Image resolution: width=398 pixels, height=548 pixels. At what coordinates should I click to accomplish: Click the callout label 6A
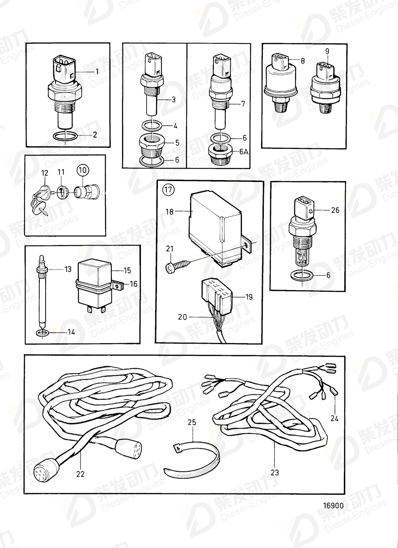click(x=243, y=152)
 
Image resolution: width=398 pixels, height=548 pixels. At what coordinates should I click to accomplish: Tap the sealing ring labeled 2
click(x=65, y=136)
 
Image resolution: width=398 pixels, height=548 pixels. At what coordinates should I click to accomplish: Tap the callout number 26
click(x=335, y=210)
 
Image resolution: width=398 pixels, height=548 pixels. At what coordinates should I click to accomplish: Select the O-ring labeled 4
click(x=152, y=126)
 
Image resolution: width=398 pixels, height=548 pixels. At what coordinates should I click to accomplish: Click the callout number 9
click(x=327, y=52)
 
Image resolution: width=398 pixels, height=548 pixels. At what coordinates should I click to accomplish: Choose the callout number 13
click(x=68, y=269)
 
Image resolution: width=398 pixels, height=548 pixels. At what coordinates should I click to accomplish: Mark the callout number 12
click(x=45, y=173)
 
